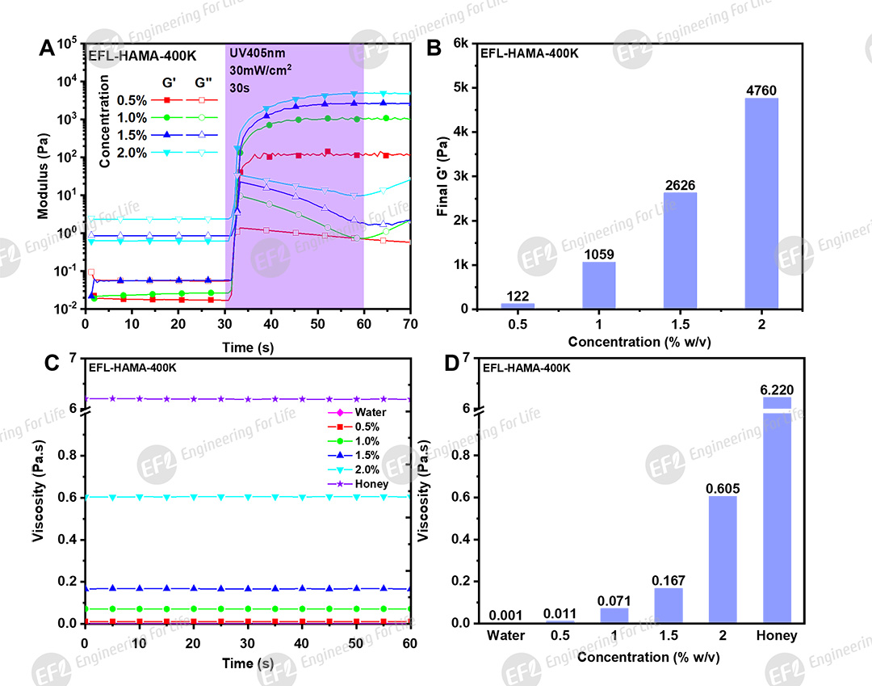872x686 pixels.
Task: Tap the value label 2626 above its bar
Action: (681, 184)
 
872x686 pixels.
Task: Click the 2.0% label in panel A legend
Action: (131, 153)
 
